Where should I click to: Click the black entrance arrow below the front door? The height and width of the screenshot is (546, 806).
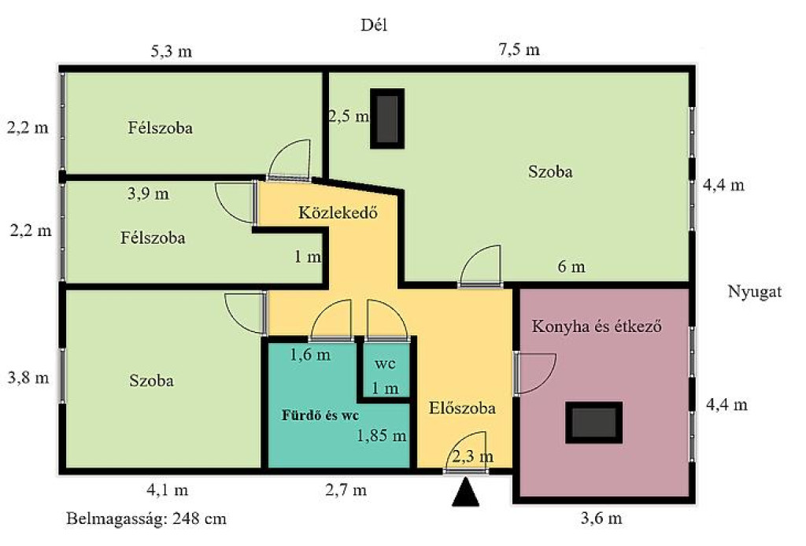pyautogui.click(x=465, y=492)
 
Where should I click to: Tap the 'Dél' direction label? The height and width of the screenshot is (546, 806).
pyautogui.click(x=374, y=25)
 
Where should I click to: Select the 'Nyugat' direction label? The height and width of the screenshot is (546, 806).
pyautogui.click(x=755, y=292)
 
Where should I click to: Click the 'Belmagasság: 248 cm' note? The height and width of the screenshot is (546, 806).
pyautogui.click(x=146, y=518)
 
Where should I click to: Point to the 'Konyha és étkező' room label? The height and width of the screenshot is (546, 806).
pyautogui.click(x=597, y=326)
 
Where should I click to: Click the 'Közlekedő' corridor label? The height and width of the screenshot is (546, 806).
pyautogui.click(x=338, y=212)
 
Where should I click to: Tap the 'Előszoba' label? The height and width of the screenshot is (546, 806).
pyautogui.click(x=462, y=408)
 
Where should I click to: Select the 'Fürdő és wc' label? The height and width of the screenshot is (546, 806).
pyautogui.click(x=320, y=415)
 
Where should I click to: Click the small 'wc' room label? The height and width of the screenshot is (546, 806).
pyautogui.click(x=385, y=364)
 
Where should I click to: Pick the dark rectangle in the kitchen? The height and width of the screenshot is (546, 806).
pyautogui.click(x=593, y=422)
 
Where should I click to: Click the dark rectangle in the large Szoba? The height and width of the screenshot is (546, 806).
pyautogui.click(x=387, y=119)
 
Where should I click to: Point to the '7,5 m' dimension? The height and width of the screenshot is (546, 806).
pyautogui.click(x=519, y=50)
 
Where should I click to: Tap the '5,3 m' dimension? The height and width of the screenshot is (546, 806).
pyautogui.click(x=171, y=51)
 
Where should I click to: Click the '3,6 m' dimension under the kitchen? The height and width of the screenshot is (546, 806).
pyautogui.click(x=601, y=518)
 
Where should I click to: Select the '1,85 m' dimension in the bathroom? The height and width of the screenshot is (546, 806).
pyautogui.click(x=382, y=436)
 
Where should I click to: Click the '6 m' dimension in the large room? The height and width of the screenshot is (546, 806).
pyautogui.click(x=571, y=267)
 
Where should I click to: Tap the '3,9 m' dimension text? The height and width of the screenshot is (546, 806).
pyautogui.click(x=148, y=194)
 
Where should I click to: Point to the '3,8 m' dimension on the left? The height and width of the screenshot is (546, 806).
pyautogui.click(x=28, y=378)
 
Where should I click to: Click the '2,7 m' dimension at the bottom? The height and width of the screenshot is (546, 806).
pyautogui.click(x=346, y=490)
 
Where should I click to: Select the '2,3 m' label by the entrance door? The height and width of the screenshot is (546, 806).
pyautogui.click(x=473, y=456)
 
